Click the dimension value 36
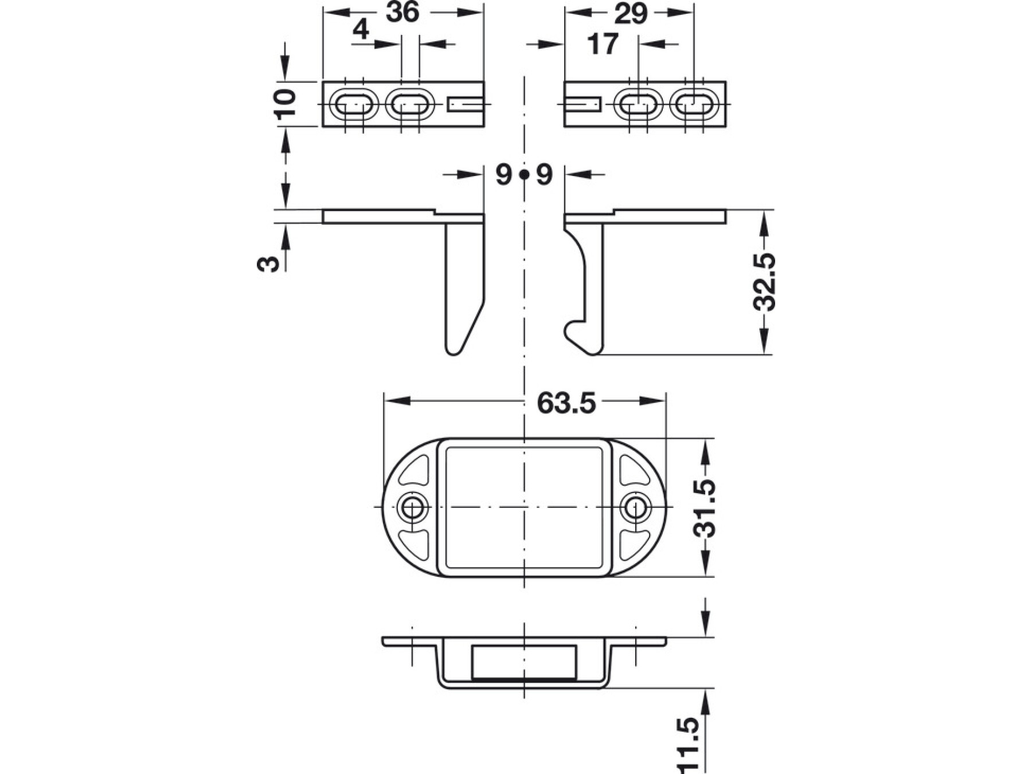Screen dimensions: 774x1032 pyautogui.click(x=402, y=13)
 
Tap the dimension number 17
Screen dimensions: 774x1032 pyautogui.click(x=603, y=44)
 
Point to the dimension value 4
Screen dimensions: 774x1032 pyautogui.click(x=361, y=30)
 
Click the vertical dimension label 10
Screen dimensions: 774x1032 pyautogui.click(x=285, y=104)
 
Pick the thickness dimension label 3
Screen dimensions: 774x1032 pyautogui.click(x=269, y=263)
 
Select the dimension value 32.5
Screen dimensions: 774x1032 pyautogui.click(x=764, y=282)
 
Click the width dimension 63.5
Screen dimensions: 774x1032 pyautogui.click(x=566, y=403)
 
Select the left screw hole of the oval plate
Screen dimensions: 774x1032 pyautogui.click(x=411, y=507)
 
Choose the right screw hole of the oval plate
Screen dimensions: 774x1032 pyautogui.click(x=635, y=507)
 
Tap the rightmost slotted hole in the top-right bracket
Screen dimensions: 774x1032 pyautogui.click(x=694, y=105)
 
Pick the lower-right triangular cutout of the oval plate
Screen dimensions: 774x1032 pyautogui.click(x=633, y=544)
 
